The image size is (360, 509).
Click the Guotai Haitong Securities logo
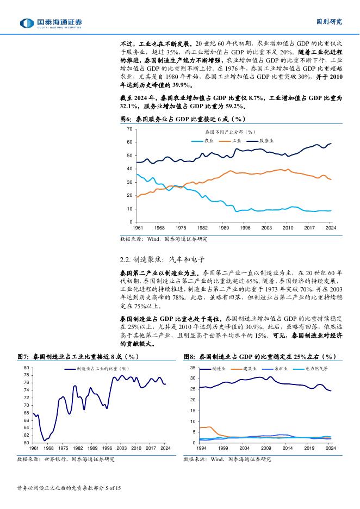[51, 23]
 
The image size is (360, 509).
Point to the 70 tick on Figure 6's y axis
[129, 128]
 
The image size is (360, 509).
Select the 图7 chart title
[79, 356]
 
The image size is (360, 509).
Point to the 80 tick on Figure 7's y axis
[27, 368]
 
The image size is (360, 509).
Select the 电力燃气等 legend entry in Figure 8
[316, 369]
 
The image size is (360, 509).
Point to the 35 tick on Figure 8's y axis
[194, 368]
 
